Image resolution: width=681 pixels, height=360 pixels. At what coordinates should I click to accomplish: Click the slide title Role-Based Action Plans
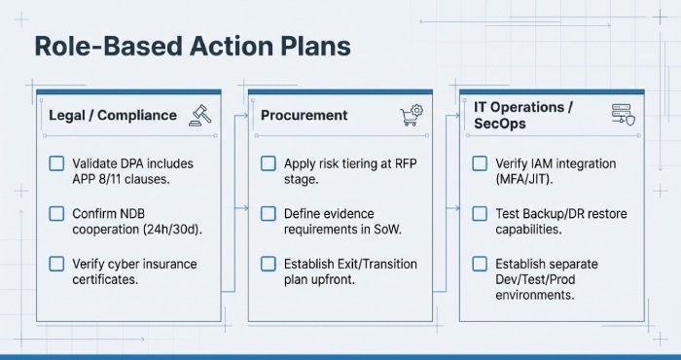click(x=192, y=47)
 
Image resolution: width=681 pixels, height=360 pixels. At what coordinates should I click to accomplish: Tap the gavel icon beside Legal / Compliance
click(x=201, y=114)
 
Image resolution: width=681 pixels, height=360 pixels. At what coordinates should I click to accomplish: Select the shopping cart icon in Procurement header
click(x=412, y=115)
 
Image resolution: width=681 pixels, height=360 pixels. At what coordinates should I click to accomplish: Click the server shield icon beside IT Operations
click(x=623, y=115)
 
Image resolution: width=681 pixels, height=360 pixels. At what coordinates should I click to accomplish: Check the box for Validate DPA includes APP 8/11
click(x=56, y=163)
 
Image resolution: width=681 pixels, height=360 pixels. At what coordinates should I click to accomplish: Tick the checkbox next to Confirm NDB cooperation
click(x=56, y=213)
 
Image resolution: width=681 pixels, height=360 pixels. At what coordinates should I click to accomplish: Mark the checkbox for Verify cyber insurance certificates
click(x=56, y=264)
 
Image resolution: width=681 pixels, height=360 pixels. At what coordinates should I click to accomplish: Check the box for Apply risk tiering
click(x=269, y=163)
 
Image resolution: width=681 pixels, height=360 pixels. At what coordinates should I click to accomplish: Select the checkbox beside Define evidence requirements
click(x=269, y=213)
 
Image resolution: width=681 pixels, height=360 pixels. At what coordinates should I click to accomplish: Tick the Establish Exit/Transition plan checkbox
click(x=269, y=264)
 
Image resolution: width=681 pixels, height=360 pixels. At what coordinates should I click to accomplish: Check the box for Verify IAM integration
click(x=479, y=163)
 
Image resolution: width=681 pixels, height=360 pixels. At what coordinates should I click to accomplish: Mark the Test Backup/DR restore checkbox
click(x=479, y=213)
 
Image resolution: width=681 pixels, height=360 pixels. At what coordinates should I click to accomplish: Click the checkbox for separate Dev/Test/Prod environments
click(x=479, y=264)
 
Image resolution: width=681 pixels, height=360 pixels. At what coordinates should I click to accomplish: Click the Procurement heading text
click(x=304, y=115)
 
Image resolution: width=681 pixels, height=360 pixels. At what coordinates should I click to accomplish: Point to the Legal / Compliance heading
click(x=113, y=115)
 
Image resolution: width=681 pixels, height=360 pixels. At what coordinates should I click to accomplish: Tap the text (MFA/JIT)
click(x=525, y=179)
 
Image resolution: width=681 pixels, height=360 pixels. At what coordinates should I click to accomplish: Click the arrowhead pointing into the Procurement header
click(x=244, y=115)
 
